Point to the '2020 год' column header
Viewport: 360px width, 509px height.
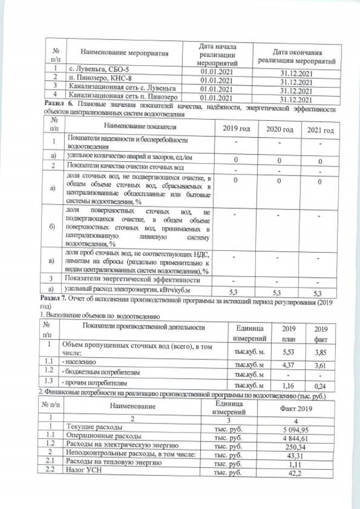pyautogui.click(x=280, y=129)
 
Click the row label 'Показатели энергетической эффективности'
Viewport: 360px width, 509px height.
pyautogui.click(x=133, y=280)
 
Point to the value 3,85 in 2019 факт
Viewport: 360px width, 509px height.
pyautogui.click(x=321, y=350)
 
